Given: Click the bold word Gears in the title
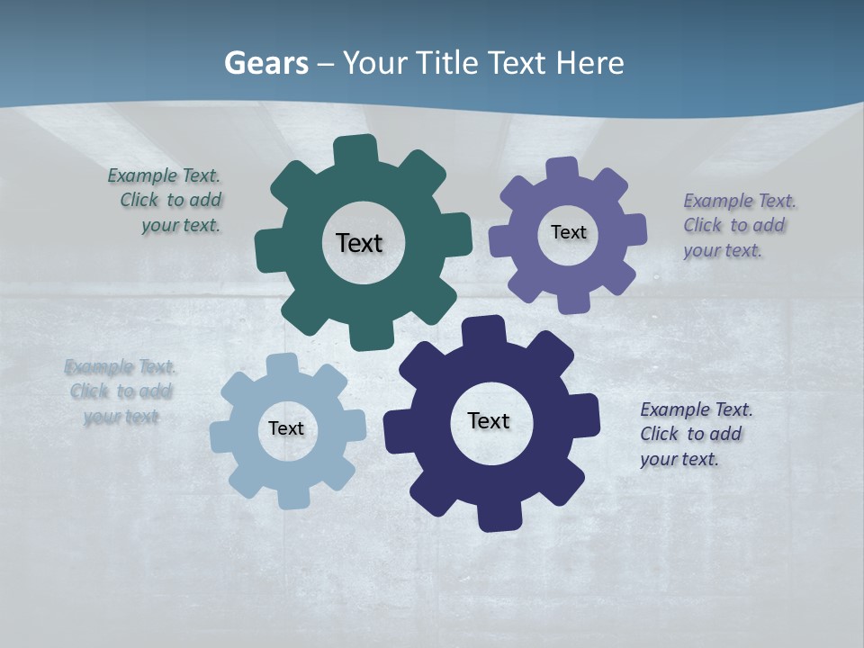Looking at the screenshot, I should (265, 63).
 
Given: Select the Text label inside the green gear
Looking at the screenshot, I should (359, 243).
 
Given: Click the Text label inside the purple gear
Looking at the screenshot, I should (568, 232).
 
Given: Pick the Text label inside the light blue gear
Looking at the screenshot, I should (286, 428).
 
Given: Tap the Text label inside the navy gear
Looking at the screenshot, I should (489, 420).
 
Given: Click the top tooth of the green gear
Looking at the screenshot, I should (355, 149).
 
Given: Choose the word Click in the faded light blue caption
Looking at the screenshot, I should (90, 391).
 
